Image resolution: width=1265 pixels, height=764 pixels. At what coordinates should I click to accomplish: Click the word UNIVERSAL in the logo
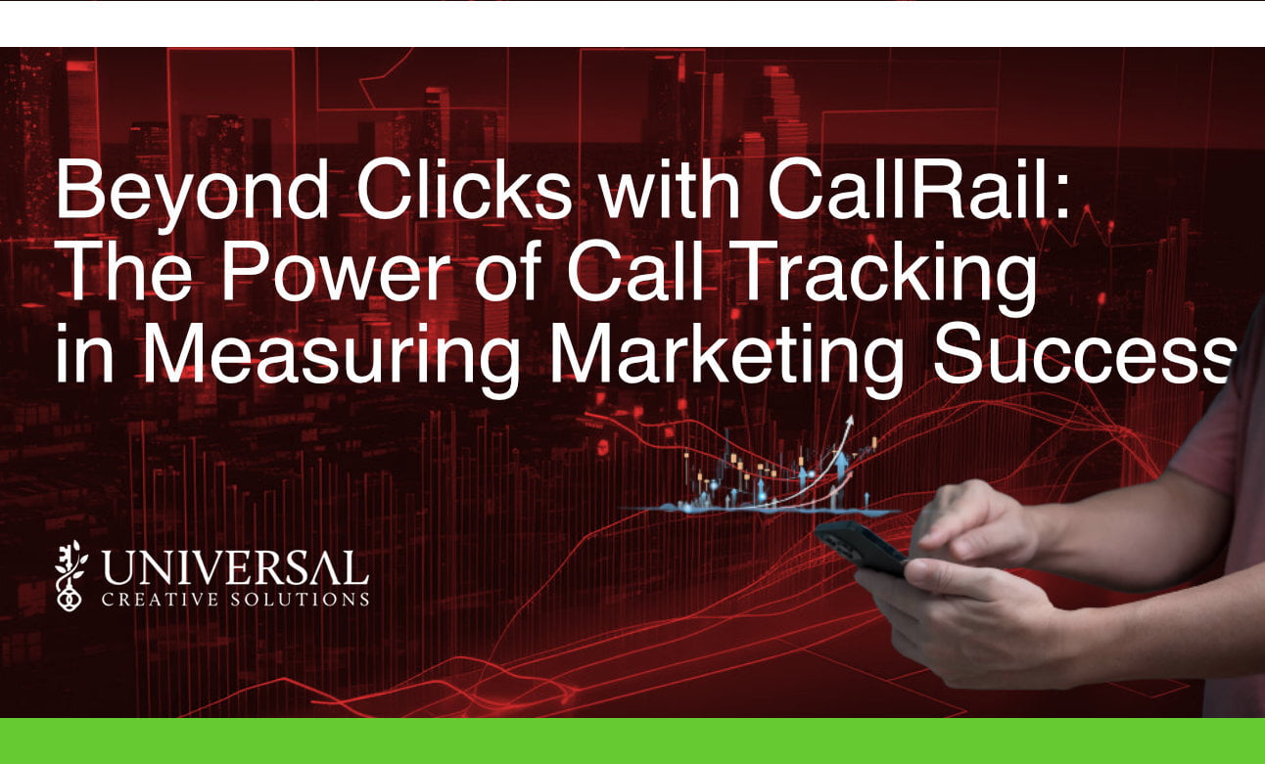point(235,568)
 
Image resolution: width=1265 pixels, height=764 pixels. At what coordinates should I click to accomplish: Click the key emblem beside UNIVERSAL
point(70,575)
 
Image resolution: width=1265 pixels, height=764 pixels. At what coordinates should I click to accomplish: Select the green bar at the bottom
point(632,741)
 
